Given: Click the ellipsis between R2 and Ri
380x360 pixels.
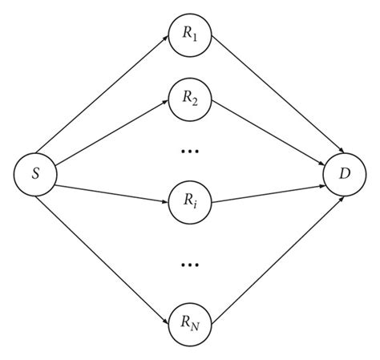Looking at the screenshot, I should coord(191,149).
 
